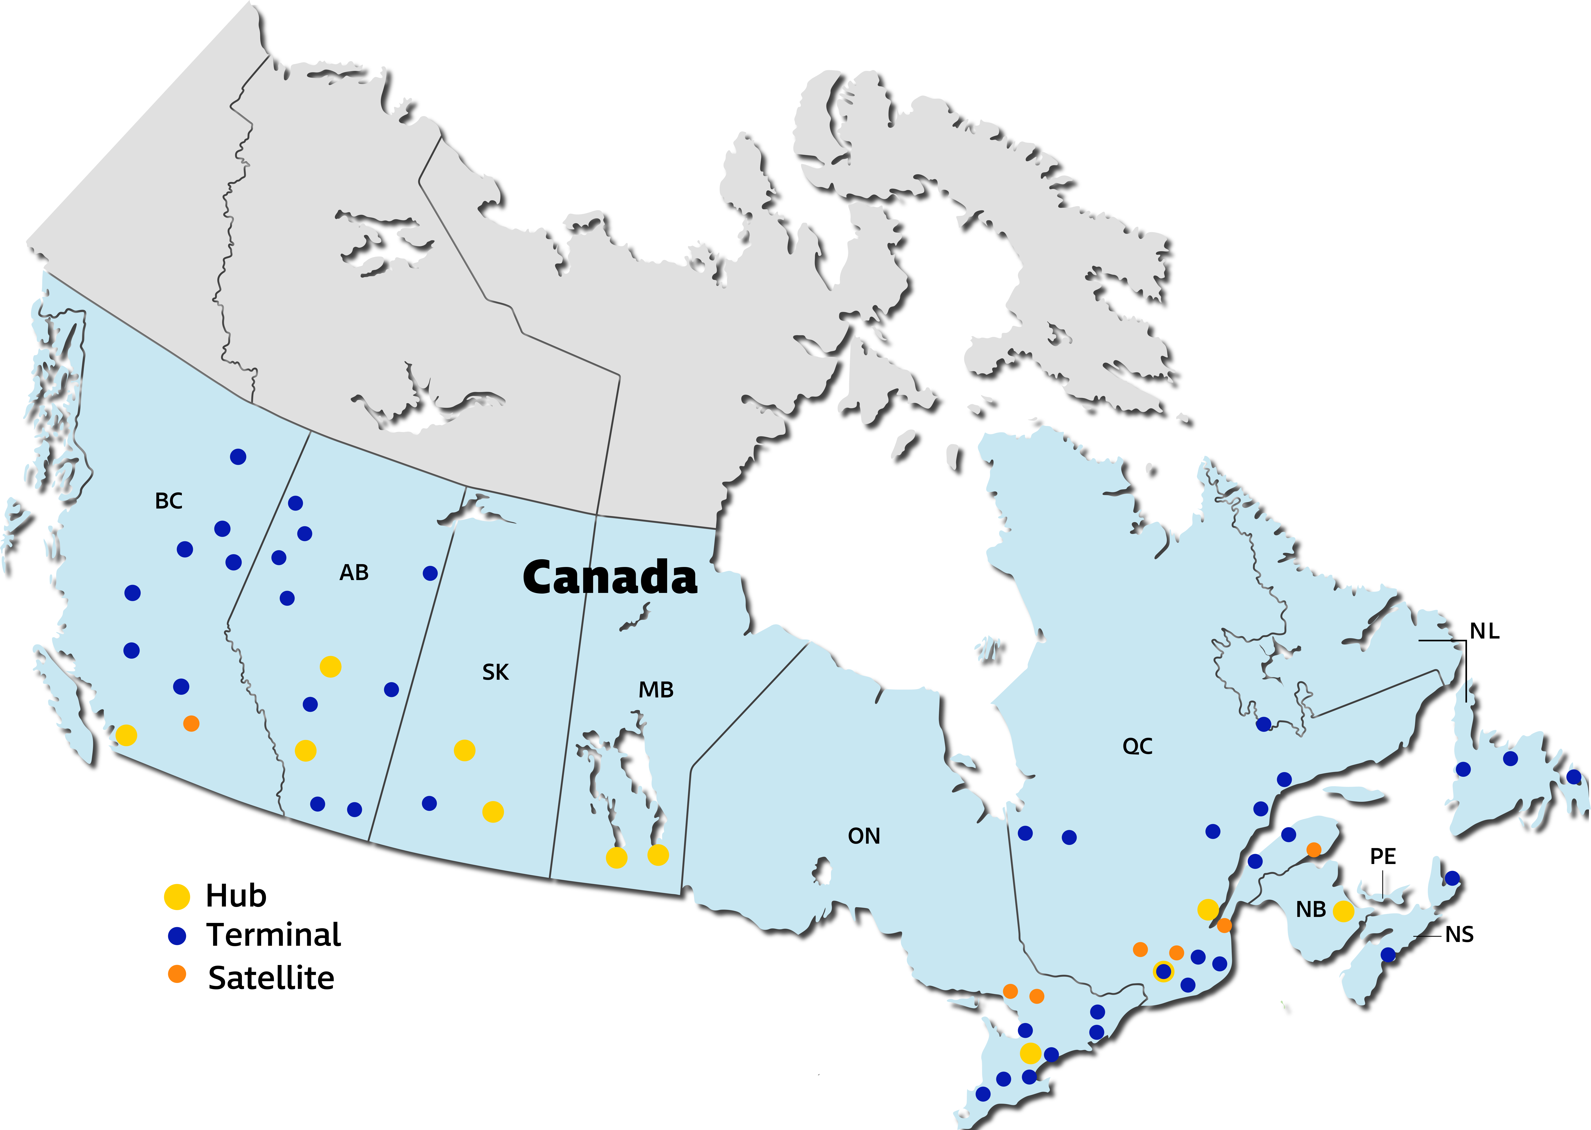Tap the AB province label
(354, 573)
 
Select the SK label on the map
(495, 672)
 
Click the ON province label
(864, 836)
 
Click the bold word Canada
(609, 578)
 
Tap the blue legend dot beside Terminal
(177, 936)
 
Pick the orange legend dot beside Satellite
(177, 974)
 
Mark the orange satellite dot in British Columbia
(191, 724)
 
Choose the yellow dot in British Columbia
(126, 735)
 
